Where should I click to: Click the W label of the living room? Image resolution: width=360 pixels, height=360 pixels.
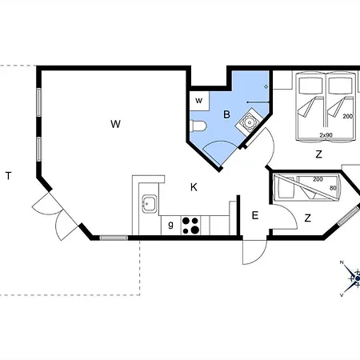(115, 124)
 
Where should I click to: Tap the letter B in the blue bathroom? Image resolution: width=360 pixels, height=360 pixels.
(226, 114)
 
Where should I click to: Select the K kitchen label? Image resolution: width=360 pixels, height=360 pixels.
(194, 187)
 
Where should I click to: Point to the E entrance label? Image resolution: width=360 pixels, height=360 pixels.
(255, 215)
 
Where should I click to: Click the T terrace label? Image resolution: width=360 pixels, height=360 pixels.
(9, 176)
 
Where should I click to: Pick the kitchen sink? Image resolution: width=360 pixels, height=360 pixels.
(150, 204)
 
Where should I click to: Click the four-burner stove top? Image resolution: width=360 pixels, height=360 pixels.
(191, 226)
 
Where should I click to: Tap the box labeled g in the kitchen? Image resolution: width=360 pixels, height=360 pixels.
(171, 226)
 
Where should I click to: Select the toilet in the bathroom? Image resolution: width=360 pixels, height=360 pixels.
(198, 126)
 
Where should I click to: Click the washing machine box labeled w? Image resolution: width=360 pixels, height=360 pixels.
(199, 101)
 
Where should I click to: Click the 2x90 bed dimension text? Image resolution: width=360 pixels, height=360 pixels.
(326, 135)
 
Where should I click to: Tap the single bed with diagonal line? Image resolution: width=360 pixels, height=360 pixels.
(306, 188)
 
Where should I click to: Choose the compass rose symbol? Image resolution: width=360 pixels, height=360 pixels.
(351, 278)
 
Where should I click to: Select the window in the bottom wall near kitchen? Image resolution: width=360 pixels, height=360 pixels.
(114, 238)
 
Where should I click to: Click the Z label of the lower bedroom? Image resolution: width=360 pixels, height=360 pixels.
(308, 218)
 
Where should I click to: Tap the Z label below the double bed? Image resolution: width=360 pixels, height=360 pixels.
(318, 154)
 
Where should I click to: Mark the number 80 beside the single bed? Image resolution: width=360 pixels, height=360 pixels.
(333, 188)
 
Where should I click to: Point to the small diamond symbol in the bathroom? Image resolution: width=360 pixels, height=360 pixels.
(266, 86)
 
